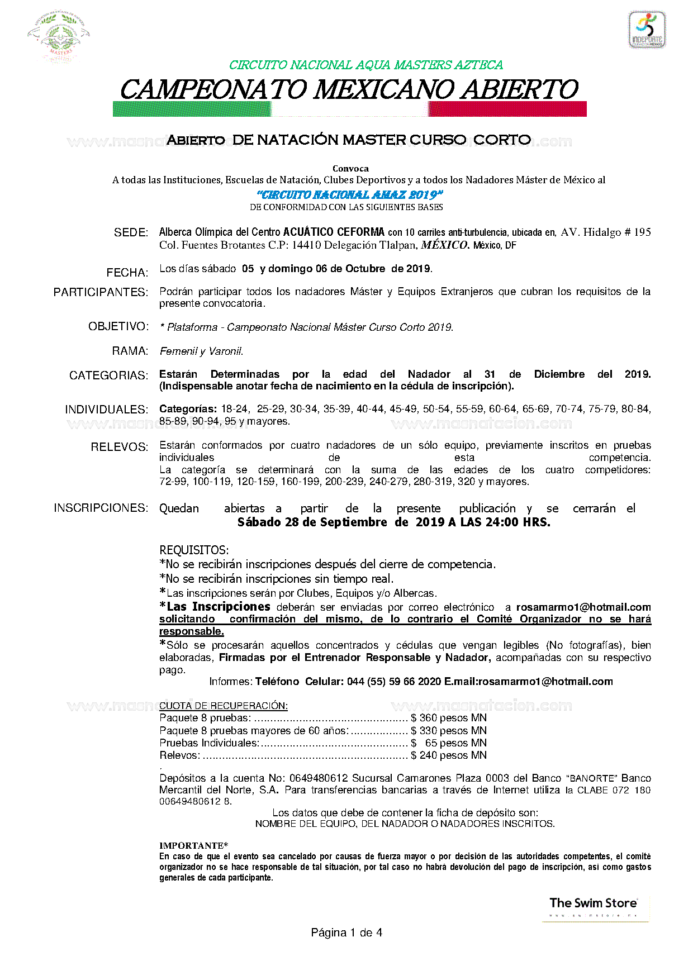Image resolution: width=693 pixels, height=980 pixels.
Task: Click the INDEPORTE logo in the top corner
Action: coord(647,30)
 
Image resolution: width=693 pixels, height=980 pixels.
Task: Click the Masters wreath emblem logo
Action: coord(58,37)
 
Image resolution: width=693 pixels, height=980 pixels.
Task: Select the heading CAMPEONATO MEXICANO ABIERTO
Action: coord(349,90)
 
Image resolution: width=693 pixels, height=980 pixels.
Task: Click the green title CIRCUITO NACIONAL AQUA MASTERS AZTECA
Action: coord(366,65)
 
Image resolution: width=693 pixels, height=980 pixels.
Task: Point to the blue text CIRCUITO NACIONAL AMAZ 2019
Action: coord(350,195)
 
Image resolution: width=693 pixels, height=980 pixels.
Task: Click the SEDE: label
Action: coord(131,232)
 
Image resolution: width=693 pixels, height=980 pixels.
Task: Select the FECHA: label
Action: coord(127,273)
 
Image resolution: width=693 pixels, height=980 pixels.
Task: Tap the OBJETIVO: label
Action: coord(118,326)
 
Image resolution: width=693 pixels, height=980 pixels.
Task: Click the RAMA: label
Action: coord(130,351)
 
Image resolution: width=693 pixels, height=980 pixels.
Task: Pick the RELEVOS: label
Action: coord(120,447)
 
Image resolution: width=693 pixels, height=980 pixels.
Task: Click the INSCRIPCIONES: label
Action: coord(101,508)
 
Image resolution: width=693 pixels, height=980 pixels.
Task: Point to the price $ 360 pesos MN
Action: coord(448,718)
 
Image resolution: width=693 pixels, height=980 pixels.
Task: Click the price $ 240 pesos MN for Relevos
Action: coord(448,755)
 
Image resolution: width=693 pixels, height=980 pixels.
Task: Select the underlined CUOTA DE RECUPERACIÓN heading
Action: coord(224,706)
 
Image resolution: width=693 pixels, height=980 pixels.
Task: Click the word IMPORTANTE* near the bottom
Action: coord(193,846)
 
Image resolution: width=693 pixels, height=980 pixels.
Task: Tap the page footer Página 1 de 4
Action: coord(346,933)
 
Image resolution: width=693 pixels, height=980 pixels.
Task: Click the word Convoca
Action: coord(350,168)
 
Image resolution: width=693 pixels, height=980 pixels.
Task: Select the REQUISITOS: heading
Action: coord(194,550)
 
